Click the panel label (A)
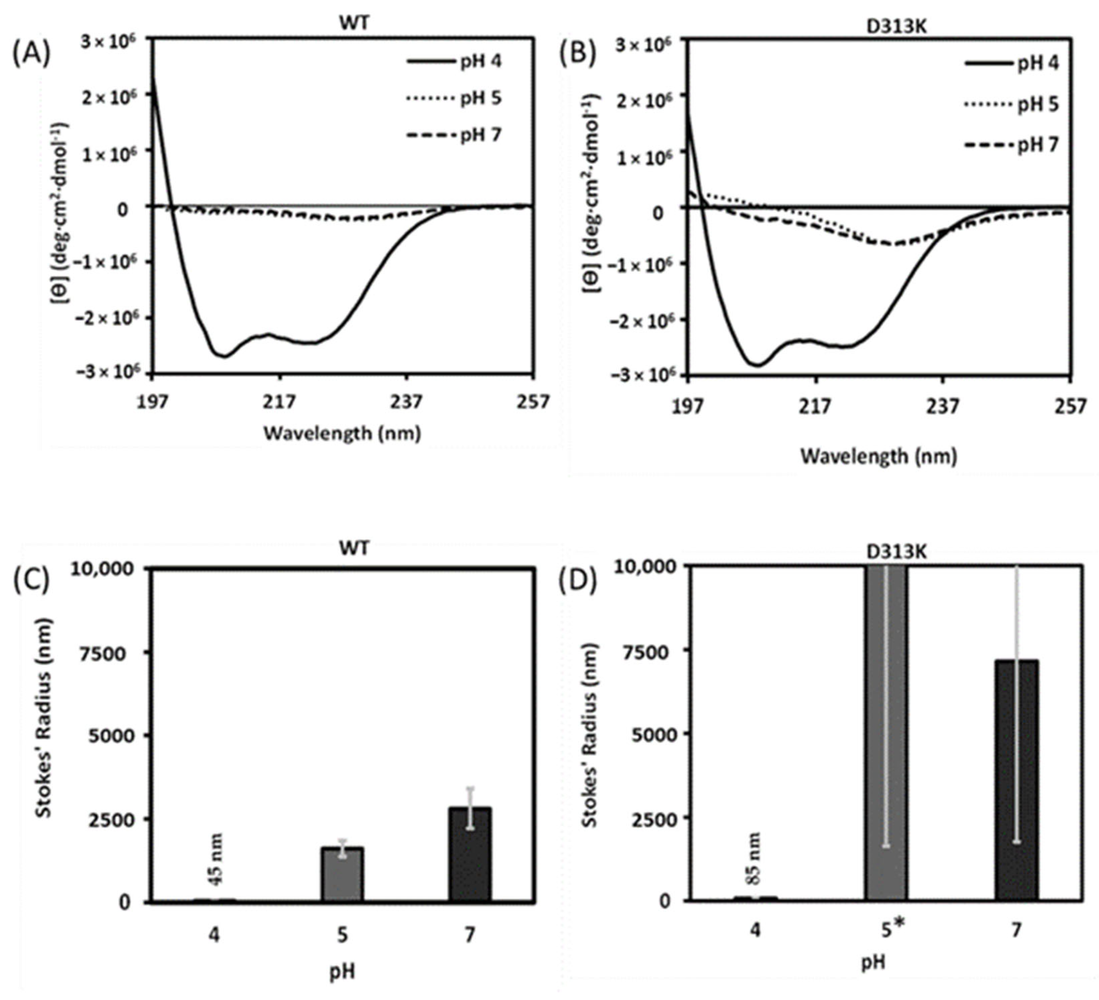pyautogui.click(x=31, y=56)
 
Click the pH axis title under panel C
pyautogui.click(x=342, y=972)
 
